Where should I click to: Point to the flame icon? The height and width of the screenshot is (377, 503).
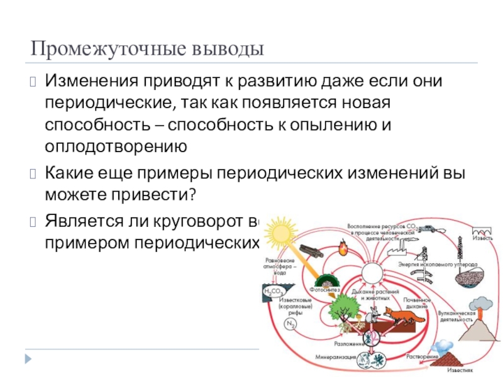tap(343, 250)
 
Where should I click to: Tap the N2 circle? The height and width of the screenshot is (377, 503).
tap(290, 324)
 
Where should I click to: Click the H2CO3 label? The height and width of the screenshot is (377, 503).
tap(273, 291)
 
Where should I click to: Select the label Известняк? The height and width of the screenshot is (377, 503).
tap(460, 371)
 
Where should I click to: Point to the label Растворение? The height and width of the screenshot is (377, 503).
tap(422, 357)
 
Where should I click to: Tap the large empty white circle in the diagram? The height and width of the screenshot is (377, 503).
tap(370, 275)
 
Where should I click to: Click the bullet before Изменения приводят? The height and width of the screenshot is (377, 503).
tap(33, 82)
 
